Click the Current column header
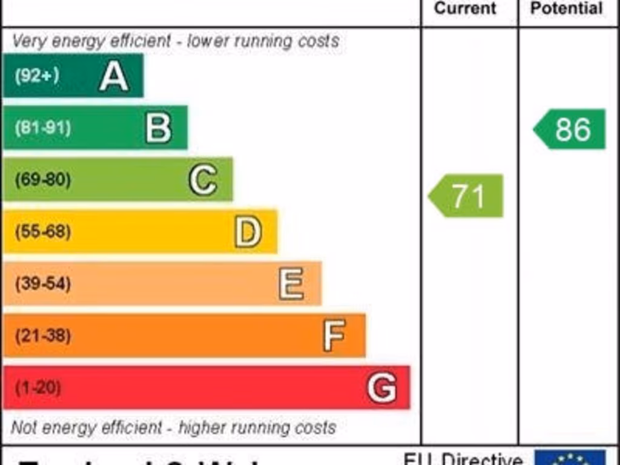[466, 8]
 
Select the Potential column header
[566, 8]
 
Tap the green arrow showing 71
[466, 196]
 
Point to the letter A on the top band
[114, 76]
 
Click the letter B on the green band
[159, 128]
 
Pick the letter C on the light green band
[203, 180]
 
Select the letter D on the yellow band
[248, 232]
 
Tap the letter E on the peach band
[292, 283]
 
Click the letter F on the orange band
[334, 335]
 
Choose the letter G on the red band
[382, 387]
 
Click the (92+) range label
[37, 76]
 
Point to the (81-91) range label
[42, 128]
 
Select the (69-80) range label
[42, 180]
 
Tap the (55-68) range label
[42, 232]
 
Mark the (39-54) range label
[42, 283]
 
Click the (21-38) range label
[42, 335]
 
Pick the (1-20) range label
[38, 387]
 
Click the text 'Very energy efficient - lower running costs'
[175, 41]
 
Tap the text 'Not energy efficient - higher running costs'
[173, 427]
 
